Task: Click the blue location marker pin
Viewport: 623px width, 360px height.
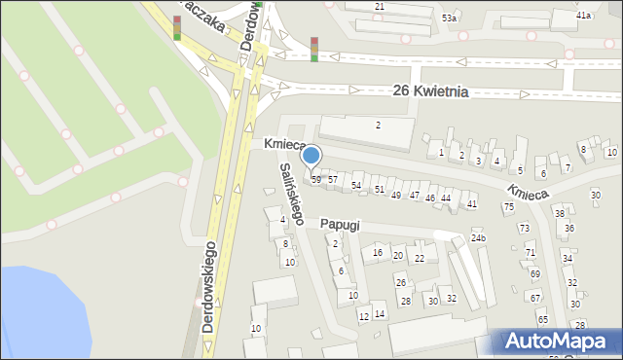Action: (x=311, y=156)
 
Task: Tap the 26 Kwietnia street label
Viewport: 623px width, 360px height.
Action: (x=430, y=91)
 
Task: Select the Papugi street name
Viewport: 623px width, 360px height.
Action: (x=340, y=225)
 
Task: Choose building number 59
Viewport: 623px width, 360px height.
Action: (x=315, y=180)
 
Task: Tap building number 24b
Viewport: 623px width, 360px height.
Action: (x=478, y=237)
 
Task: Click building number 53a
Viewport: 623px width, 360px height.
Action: (x=449, y=18)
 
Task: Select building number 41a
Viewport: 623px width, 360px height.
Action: (x=584, y=17)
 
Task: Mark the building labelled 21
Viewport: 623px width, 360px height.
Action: (x=380, y=7)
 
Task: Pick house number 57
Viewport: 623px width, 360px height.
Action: (x=332, y=180)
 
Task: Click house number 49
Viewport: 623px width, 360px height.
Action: (x=395, y=196)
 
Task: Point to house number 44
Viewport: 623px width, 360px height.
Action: (x=446, y=198)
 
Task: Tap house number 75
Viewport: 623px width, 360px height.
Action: (x=508, y=207)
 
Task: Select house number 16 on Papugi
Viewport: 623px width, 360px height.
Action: (x=378, y=253)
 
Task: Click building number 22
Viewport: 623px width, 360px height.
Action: (x=420, y=258)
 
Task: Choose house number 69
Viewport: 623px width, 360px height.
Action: (x=534, y=274)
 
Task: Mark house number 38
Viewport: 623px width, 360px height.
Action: (x=559, y=213)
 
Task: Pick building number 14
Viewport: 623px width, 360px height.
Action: (x=380, y=313)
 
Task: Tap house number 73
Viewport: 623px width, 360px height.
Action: (x=524, y=229)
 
